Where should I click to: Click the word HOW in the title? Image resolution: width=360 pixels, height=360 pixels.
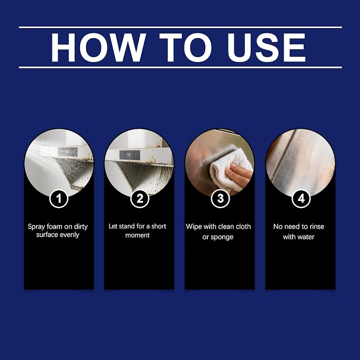point(98,48)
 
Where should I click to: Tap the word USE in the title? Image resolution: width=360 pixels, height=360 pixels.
point(266,48)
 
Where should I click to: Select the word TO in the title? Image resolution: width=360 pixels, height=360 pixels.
point(186,48)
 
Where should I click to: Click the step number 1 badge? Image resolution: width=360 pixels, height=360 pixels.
point(59,199)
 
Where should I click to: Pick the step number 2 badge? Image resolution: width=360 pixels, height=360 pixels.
point(139,199)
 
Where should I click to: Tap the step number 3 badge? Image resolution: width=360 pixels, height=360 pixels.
point(221,199)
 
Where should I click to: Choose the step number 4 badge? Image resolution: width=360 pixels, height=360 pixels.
point(301,199)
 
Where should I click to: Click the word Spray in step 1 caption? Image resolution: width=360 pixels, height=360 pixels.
point(36,227)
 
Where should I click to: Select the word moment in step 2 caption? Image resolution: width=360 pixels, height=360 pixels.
point(137,235)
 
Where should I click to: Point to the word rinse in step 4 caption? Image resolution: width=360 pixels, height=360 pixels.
point(317,226)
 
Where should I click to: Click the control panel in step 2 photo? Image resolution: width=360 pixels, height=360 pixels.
point(129,155)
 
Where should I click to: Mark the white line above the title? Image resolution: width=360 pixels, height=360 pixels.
point(180,28)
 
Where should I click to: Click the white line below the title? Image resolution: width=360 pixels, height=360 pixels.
point(180,67)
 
